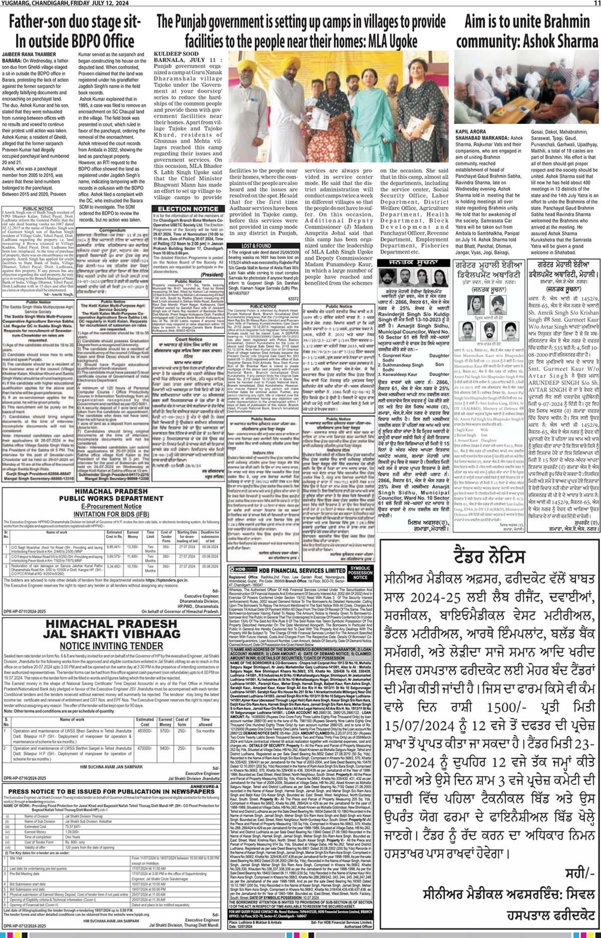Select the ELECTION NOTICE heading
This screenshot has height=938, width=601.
click(188, 209)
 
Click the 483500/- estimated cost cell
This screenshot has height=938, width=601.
click(145, 731)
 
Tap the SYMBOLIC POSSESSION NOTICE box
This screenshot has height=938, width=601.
click(360, 572)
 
